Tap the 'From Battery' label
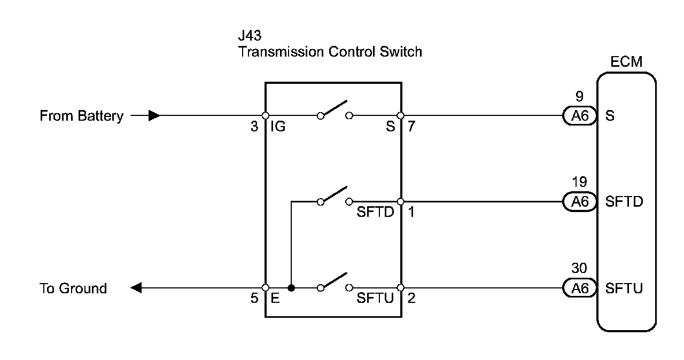81,116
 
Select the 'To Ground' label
73,288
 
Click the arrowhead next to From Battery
154,115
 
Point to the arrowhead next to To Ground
136,288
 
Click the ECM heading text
626,62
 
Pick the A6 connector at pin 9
579,116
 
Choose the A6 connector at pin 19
579,201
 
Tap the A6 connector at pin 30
579,288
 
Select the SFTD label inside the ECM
624,202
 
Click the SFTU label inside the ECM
624,289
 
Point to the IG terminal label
278,127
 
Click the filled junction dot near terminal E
291,288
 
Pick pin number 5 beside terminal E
255,299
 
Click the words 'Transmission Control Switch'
330,52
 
